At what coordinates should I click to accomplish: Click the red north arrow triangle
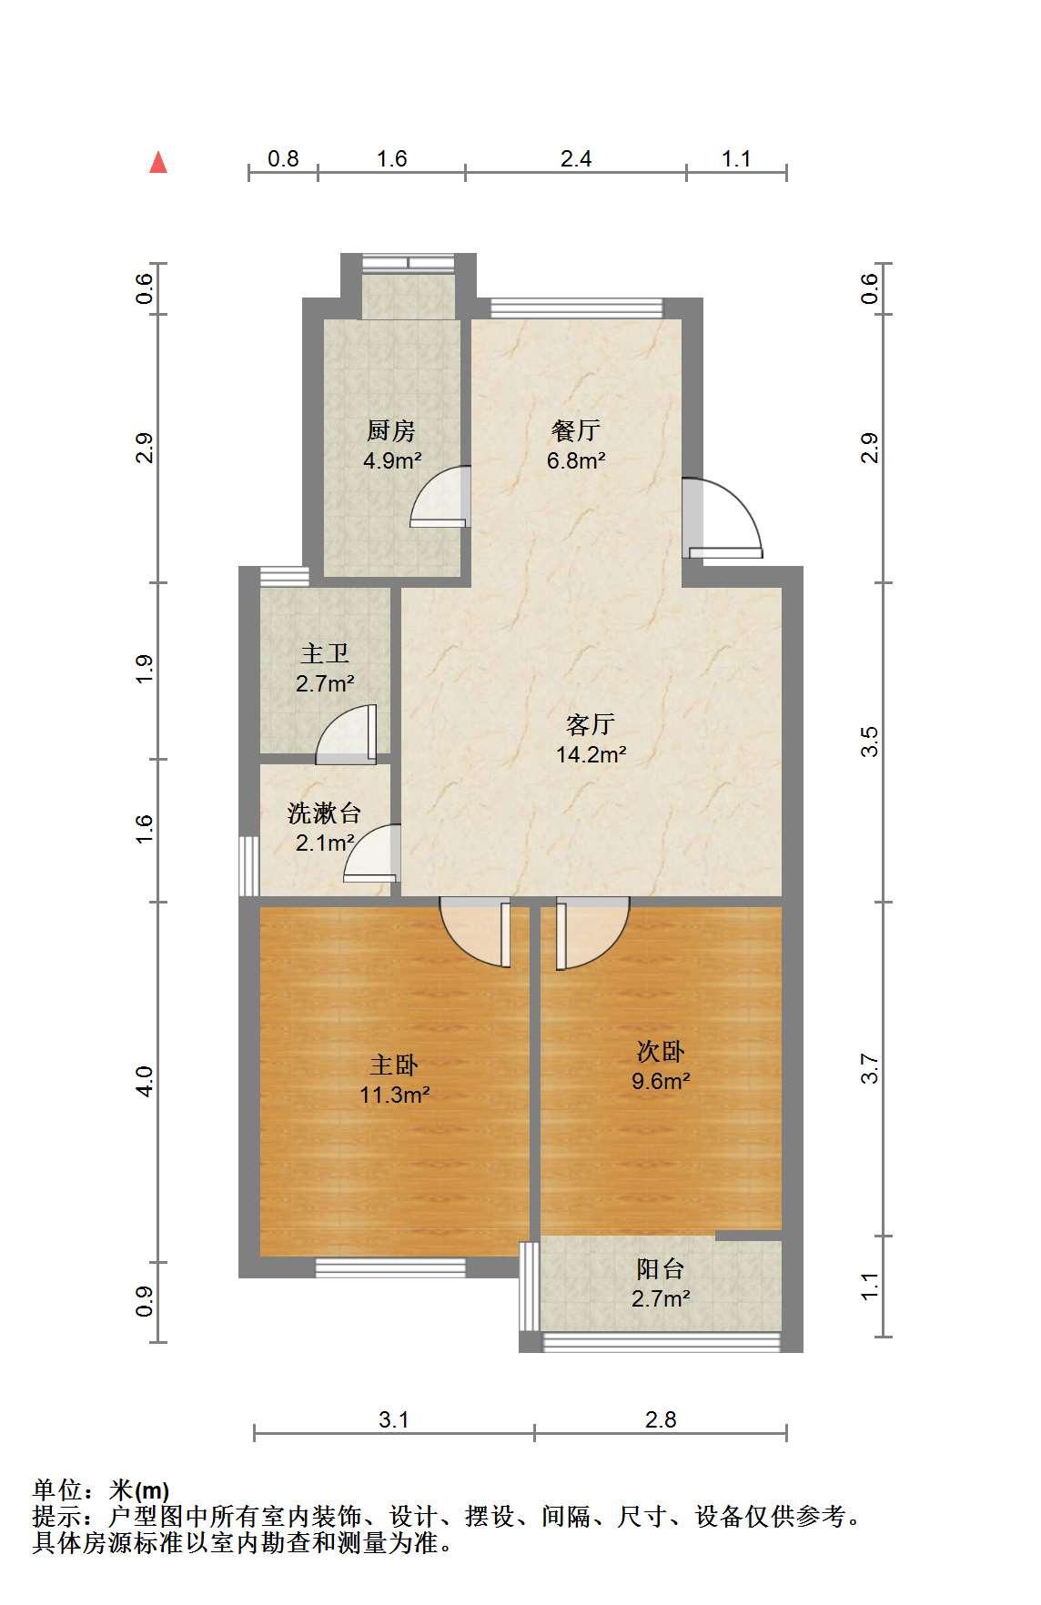click(x=158, y=162)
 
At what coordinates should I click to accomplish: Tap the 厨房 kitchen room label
click(x=391, y=429)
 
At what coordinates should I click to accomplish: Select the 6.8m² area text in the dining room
click(x=576, y=460)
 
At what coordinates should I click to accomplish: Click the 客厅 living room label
click(x=591, y=724)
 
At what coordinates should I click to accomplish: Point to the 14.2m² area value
click(x=591, y=754)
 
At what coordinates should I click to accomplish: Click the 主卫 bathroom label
click(x=325, y=653)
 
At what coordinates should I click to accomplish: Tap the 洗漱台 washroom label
click(x=325, y=813)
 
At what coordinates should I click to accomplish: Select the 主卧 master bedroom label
click(x=394, y=1065)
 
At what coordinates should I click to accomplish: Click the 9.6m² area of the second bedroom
click(x=661, y=1082)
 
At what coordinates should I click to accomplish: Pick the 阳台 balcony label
click(x=661, y=1269)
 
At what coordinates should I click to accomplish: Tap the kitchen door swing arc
click(x=440, y=497)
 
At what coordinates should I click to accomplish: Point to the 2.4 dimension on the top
click(x=576, y=159)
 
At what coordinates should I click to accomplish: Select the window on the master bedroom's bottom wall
click(x=390, y=1267)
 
